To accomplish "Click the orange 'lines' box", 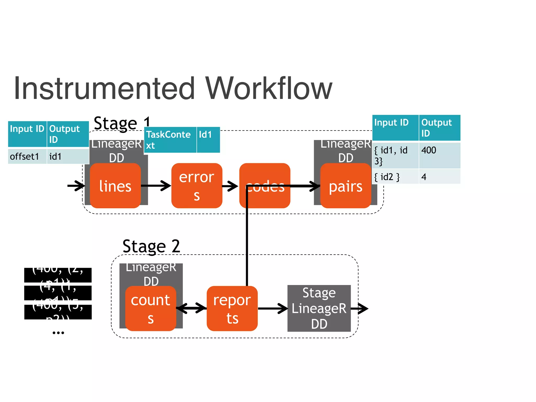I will click(115, 186).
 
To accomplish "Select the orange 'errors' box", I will click(197, 186).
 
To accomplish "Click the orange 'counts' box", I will click(150, 309).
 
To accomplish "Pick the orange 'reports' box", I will click(232, 309).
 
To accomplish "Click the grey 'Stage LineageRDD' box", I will click(319, 308).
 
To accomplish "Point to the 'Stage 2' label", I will click(151, 246).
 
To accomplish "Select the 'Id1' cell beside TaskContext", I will click(208, 140).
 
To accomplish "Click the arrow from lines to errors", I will click(156, 186).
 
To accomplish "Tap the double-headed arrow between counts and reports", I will click(191, 308).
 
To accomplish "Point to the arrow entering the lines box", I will click(76, 186).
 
